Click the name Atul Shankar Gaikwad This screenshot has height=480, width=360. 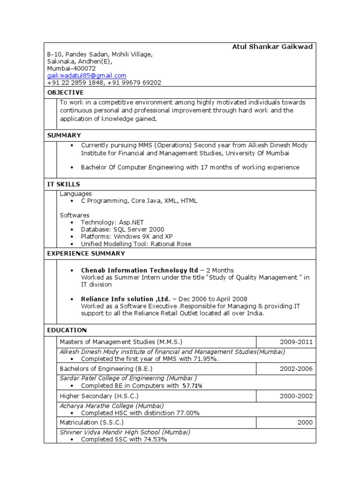tap(272, 47)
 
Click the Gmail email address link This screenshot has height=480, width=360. tap(87, 75)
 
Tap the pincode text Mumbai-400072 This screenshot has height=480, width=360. tap(71, 68)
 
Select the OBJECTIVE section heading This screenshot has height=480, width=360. tap(66, 92)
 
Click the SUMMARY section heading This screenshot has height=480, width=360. tap(64, 135)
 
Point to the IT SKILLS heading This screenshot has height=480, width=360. tap(64, 184)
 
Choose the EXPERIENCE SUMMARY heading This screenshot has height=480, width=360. tap(86, 254)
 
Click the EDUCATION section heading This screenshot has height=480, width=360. tap(67, 330)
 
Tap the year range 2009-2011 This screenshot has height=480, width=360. tap(296, 342)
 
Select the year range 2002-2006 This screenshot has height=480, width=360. tap(296, 369)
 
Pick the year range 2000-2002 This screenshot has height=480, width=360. tap(296, 396)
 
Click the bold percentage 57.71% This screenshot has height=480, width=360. tap(192, 386)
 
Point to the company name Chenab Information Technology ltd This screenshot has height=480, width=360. tap(140, 270)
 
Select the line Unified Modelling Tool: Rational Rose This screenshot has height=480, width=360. tap(136, 244)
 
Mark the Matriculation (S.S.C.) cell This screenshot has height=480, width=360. tap(91, 422)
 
